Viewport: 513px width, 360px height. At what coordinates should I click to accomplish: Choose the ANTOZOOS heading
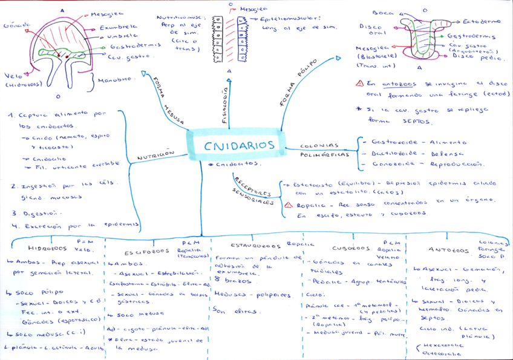(x=448, y=249)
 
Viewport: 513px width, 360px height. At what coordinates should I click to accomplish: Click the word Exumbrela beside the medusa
(x=118, y=27)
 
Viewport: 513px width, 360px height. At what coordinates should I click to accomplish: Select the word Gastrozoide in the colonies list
(x=388, y=141)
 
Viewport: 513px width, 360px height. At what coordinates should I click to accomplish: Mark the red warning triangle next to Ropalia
(x=289, y=205)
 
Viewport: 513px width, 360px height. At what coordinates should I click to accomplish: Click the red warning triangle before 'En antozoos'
(x=360, y=84)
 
